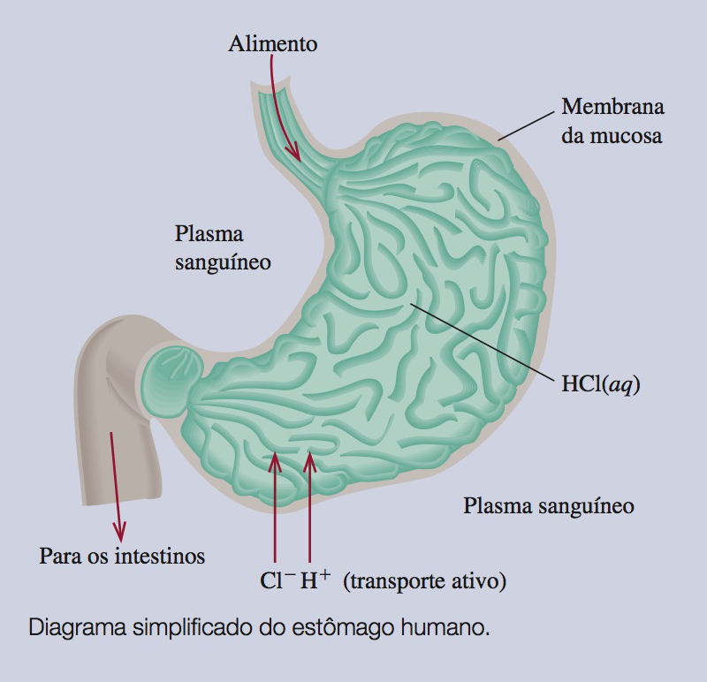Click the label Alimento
point(272,42)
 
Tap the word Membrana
point(612,109)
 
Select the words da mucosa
point(612,138)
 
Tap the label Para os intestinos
point(122,556)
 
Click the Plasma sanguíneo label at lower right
point(549,506)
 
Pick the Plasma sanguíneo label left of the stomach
point(222,248)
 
